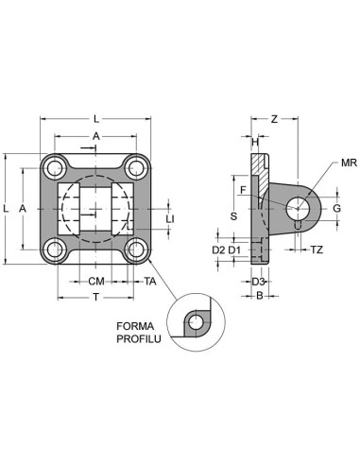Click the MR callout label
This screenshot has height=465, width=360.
(x=349, y=163)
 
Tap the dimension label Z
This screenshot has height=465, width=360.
(x=274, y=119)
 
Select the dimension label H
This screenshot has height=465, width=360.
(x=255, y=142)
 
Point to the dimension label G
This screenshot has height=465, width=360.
(x=337, y=208)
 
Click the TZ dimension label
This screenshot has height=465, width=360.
(x=317, y=250)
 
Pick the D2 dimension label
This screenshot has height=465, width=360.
(x=218, y=250)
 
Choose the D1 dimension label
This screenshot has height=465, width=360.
(x=234, y=250)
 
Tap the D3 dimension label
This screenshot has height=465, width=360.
(x=258, y=282)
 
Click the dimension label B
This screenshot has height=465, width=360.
(x=260, y=296)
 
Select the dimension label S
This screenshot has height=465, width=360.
(x=233, y=216)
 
